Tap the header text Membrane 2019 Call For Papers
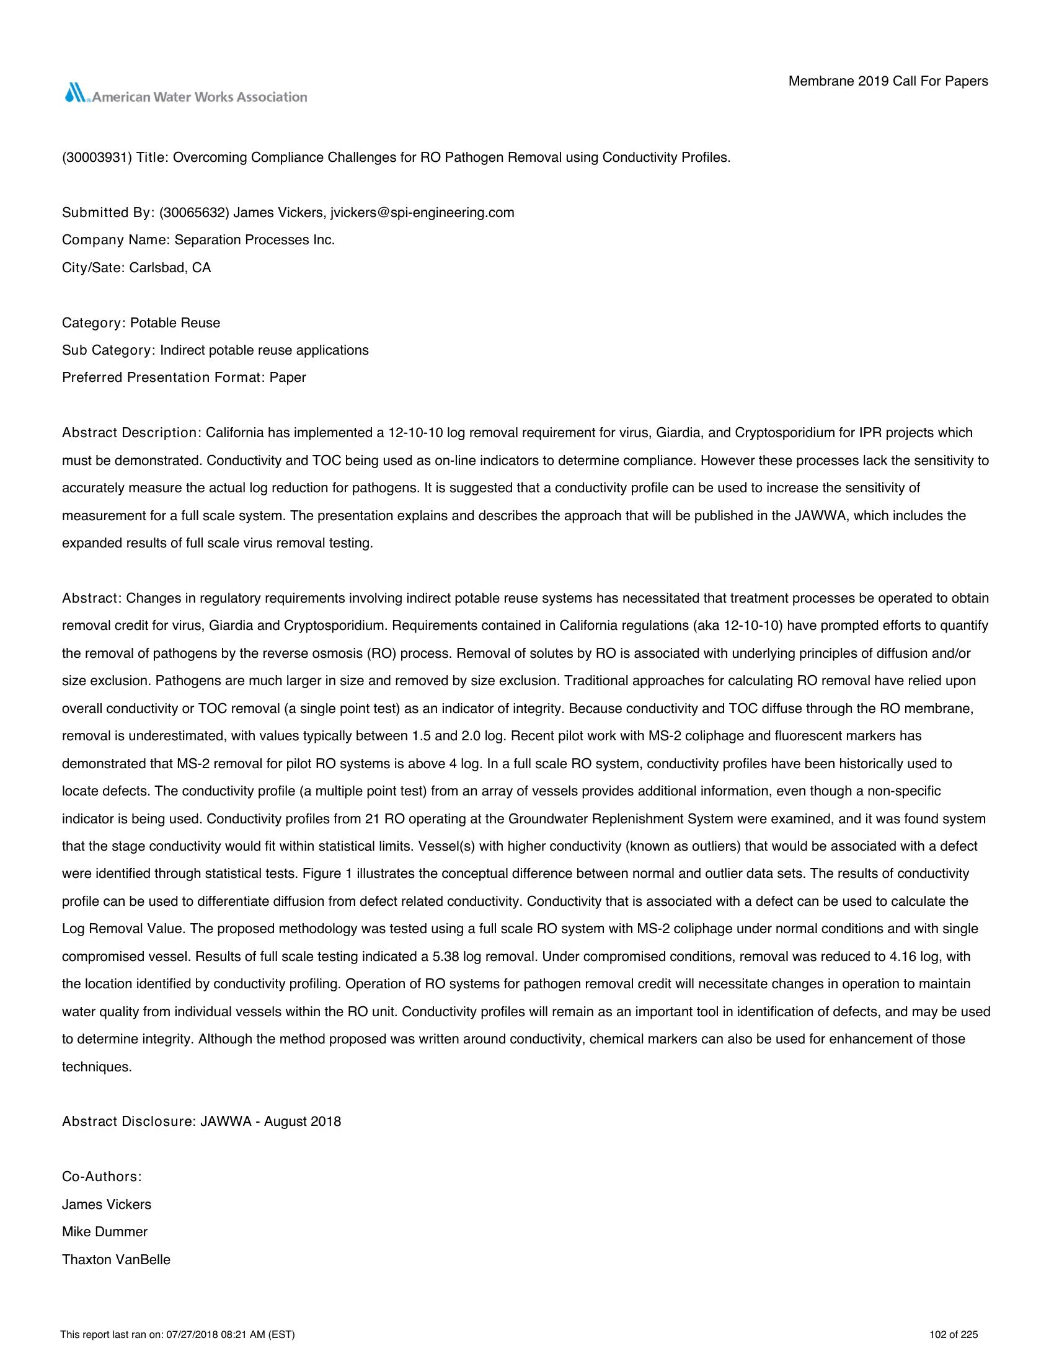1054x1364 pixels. coord(888,81)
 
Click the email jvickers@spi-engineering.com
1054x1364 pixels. coord(422,212)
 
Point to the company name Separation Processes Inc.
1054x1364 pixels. coord(255,240)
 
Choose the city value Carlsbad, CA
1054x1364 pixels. coord(170,268)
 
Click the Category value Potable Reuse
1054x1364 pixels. coord(175,323)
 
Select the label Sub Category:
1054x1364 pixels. coord(107,350)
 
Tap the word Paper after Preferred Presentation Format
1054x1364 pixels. coord(288,378)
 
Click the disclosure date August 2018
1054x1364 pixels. coord(303,1122)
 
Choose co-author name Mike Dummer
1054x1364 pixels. coord(105,1232)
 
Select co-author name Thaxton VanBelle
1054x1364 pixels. coord(116,1260)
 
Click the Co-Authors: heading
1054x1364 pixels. coord(102,1177)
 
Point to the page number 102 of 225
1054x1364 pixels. coord(954,1335)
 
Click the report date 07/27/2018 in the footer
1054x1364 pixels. coord(189,1335)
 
